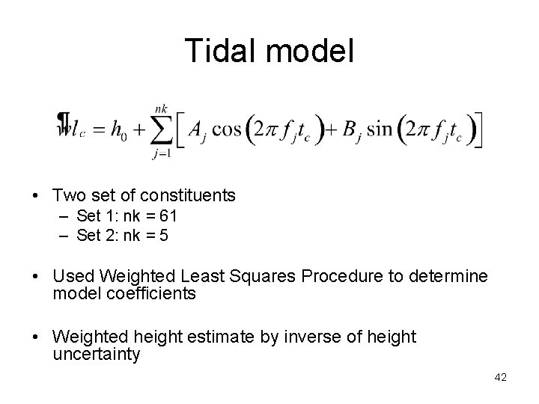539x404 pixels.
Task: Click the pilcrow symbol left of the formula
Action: [x=64, y=123]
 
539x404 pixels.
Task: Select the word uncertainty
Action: [x=97, y=354]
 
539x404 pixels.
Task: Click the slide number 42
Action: [x=501, y=378]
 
